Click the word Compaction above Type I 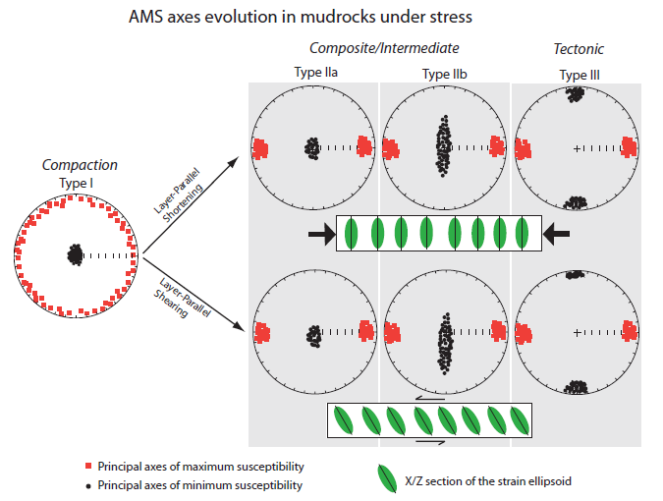click(x=79, y=166)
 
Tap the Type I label click(x=79, y=184)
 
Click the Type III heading click(x=577, y=74)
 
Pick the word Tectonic click(x=579, y=50)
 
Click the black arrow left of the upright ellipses click(x=319, y=233)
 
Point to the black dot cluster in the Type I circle click(x=75, y=254)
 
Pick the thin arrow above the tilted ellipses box click(x=426, y=399)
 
